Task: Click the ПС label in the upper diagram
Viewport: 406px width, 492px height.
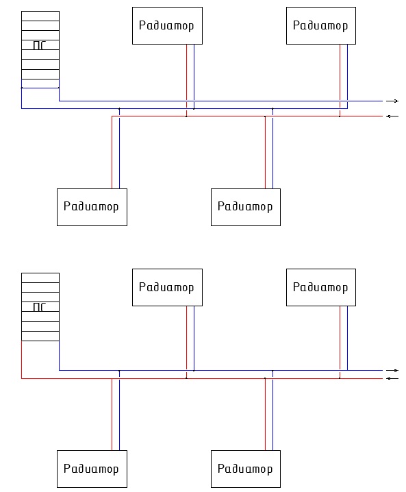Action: pyautogui.click(x=40, y=45)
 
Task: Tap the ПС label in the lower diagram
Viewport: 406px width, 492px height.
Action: pyautogui.click(x=40, y=307)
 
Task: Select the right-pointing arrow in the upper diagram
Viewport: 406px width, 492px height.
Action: pyautogui.click(x=392, y=101)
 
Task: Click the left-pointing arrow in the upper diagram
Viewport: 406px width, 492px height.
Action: pyautogui.click(x=392, y=116)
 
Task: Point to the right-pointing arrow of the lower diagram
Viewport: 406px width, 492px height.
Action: pyautogui.click(x=392, y=371)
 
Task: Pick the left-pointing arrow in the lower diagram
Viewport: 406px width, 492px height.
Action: pyautogui.click(x=392, y=378)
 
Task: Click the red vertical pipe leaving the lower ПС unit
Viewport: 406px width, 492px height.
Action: pyautogui.click(x=22, y=360)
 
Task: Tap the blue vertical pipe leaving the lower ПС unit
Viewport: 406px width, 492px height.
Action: pyautogui.click(x=60, y=356)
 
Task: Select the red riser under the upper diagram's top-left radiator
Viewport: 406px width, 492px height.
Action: pyautogui.click(x=186, y=80)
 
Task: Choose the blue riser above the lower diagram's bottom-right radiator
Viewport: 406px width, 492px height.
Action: pyautogui.click(x=272, y=410)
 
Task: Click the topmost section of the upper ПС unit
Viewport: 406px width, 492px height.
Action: pyautogui.click(x=40, y=16)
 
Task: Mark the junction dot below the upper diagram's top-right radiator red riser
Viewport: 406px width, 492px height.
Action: pyautogui.click(x=340, y=116)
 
